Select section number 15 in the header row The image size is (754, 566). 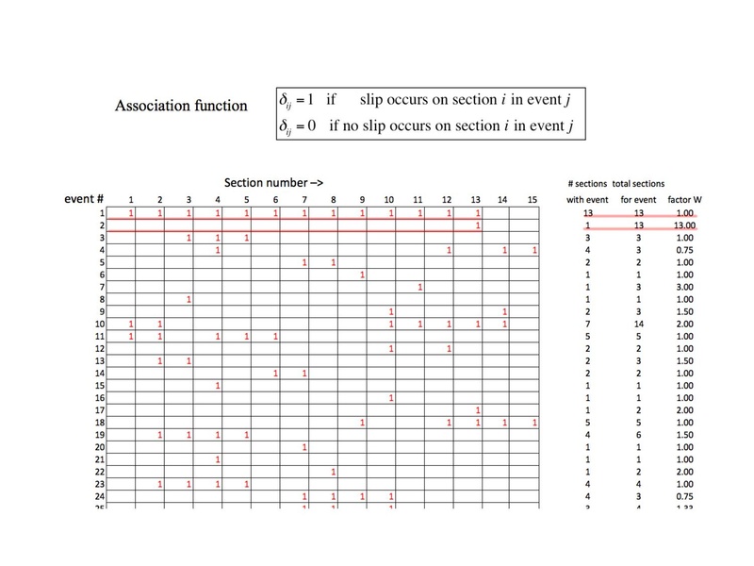534,200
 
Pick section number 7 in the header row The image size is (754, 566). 303,200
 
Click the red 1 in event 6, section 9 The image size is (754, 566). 363,275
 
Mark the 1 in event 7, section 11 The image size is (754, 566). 420,287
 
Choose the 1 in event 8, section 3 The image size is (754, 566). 189,299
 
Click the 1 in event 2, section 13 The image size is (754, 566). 479,225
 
